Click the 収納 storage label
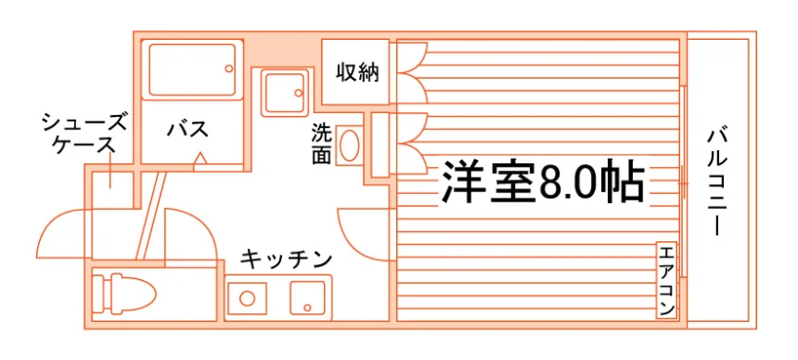tap(357, 72)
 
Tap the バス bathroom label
tap(188, 129)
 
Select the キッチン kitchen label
tap(286, 259)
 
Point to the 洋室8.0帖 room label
tap(543, 181)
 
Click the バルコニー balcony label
tap(717, 182)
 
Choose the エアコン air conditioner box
tap(667, 280)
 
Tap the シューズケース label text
tap(84, 134)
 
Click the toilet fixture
tap(124, 294)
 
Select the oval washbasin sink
tap(350, 145)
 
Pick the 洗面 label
tap(322, 144)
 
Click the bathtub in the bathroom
tap(192, 69)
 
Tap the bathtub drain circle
tap(229, 68)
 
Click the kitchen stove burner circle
tap(247, 298)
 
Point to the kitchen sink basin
tap(308, 298)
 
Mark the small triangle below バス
tap(200, 159)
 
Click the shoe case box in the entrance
tap(112, 189)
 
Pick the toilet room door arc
tap(203, 224)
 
